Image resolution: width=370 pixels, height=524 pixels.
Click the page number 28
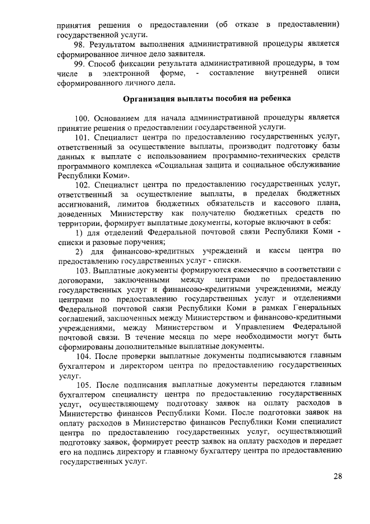[338, 477]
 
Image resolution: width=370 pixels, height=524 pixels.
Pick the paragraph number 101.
[85, 137]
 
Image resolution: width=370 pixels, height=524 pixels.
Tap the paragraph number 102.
[85, 184]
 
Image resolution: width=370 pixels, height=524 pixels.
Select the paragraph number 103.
[85, 272]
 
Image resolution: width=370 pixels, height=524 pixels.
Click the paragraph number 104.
[85, 357]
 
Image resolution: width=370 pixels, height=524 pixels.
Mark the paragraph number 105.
[85, 385]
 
